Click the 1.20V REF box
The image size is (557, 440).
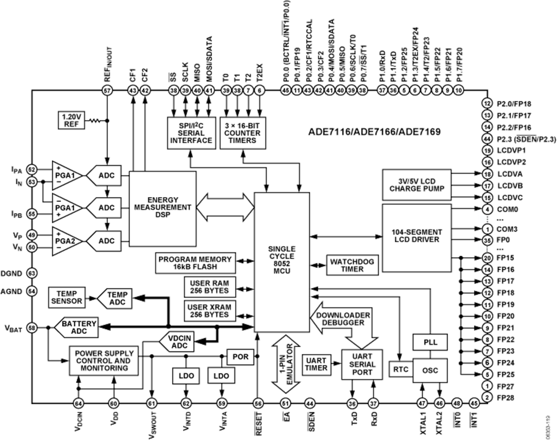(71, 120)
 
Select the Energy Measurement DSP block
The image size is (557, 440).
(162, 209)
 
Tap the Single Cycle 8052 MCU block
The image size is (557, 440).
(282, 263)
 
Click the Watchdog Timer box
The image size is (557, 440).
(352, 265)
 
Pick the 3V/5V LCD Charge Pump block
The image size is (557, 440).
(417, 185)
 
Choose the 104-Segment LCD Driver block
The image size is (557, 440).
(417, 236)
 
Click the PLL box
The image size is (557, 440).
(430, 342)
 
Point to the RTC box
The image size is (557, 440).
(401, 370)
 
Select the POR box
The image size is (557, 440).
(240, 356)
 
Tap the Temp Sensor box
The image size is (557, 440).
(66, 297)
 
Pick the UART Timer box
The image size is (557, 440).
(316, 364)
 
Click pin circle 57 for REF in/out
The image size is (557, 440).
(107, 90)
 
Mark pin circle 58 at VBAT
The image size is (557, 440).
(32, 328)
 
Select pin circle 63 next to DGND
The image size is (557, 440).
(32, 273)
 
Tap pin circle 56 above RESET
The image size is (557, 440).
(258, 403)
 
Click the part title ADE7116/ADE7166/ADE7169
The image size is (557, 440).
(374, 132)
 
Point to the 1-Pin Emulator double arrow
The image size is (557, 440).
(285, 364)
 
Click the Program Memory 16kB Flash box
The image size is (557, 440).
(194, 263)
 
